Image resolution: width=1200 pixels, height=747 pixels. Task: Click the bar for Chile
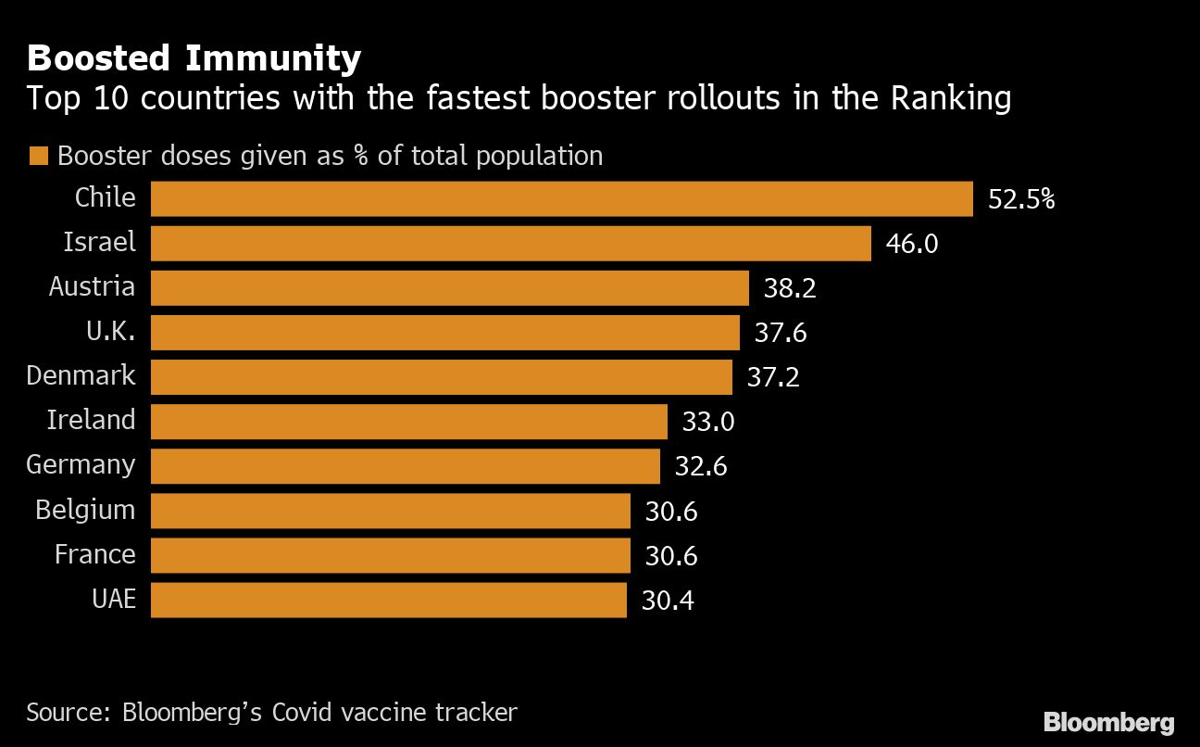click(x=561, y=198)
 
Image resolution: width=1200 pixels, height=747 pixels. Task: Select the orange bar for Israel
click(x=510, y=243)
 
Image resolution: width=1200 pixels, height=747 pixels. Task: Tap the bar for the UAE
click(x=388, y=600)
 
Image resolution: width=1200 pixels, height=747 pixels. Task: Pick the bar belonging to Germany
click(x=405, y=465)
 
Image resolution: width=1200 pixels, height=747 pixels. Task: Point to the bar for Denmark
click(x=441, y=376)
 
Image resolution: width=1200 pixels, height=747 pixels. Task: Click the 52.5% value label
click(x=1021, y=199)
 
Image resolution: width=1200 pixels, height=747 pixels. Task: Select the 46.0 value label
click(x=912, y=244)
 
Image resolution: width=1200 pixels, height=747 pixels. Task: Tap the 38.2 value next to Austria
click(x=790, y=288)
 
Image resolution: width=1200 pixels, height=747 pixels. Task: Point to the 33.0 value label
click(x=708, y=422)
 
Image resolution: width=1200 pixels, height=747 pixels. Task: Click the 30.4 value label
click(x=668, y=601)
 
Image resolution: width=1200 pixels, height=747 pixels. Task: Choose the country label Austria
click(x=92, y=286)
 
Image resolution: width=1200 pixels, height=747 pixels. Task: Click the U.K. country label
click(x=111, y=331)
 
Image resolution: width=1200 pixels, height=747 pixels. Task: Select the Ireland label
click(x=91, y=420)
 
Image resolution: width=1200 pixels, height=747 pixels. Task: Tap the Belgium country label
click(x=85, y=510)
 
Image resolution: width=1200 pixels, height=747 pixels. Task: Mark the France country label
click(x=94, y=554)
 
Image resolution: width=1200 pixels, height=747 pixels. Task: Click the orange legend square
click(x=38, y=156)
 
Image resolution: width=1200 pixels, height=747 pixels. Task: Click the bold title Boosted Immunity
click(x=194, y=59)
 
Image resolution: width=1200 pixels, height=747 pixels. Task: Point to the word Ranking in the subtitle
click(x=951, y=98)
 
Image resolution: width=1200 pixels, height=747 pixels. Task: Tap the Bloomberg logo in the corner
click(x=1108, y=722)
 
